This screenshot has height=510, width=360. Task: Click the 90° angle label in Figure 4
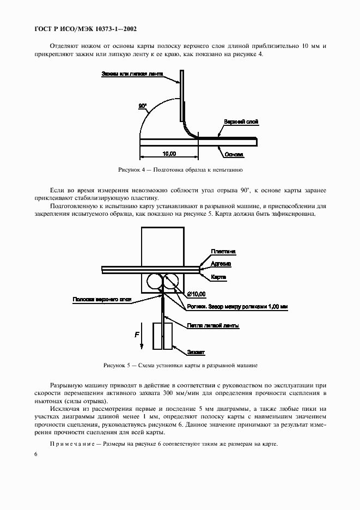[x=143, y=106]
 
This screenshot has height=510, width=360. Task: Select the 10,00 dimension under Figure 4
[x=169, y=154]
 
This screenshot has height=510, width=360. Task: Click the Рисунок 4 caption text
[x=180, y=170]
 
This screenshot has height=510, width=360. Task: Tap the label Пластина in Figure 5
[x=223, y=251]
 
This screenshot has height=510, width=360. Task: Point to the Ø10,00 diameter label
[x=197, y=294]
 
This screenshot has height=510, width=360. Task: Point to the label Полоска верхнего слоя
[x=102, y=299]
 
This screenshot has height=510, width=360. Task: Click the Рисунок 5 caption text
[x=180, y=365]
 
